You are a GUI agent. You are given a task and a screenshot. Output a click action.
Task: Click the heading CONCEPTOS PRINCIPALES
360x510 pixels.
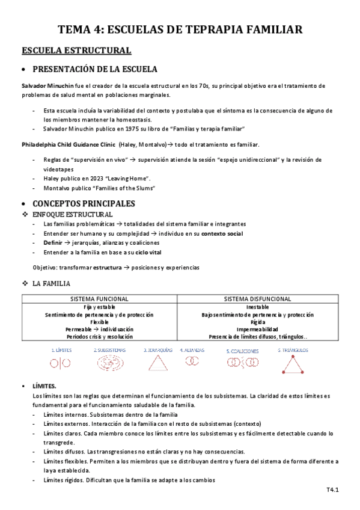pos(84,203)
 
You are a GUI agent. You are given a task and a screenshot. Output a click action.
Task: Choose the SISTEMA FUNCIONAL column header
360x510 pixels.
pos(99,299)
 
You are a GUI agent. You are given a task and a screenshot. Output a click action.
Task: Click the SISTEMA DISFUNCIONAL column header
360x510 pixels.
pos(258,299)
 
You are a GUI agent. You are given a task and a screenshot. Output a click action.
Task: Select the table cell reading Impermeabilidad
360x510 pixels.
pos(258,330)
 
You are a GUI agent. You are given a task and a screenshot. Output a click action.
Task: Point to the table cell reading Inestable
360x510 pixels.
pos(258,307)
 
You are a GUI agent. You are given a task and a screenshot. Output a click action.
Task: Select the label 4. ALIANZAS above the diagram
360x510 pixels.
pos(192,349)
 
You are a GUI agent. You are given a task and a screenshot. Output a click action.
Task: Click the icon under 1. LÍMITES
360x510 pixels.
pos(60,363)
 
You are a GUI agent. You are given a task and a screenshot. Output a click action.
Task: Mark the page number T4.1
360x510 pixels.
pos(334,491)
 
